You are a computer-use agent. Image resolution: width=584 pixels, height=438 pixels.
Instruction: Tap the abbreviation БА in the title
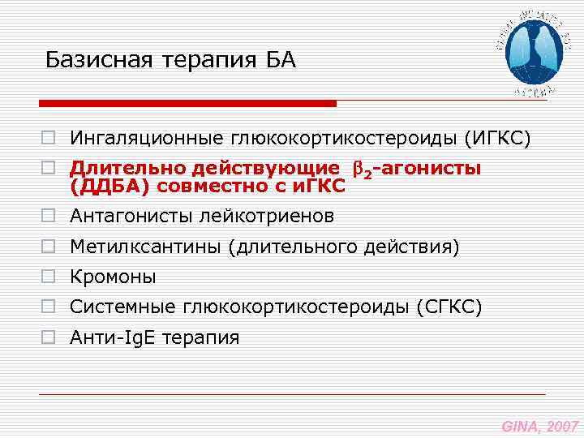(x=281, y=61)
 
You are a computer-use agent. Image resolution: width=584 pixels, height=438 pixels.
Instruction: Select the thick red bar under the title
(x=187, y=104)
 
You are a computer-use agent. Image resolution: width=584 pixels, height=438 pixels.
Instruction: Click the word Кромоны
(x=113, y=277)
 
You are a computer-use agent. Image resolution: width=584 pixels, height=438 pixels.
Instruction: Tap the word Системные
(x=124, y=307)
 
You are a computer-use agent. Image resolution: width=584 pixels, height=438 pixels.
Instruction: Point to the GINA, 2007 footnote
(x=539, y=426)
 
